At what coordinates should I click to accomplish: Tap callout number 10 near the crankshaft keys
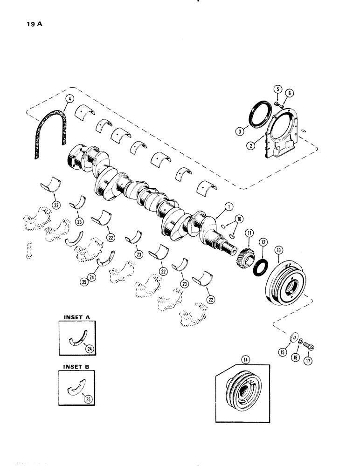tap(239, 219)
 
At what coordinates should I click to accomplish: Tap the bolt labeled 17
tap(311, 347)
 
